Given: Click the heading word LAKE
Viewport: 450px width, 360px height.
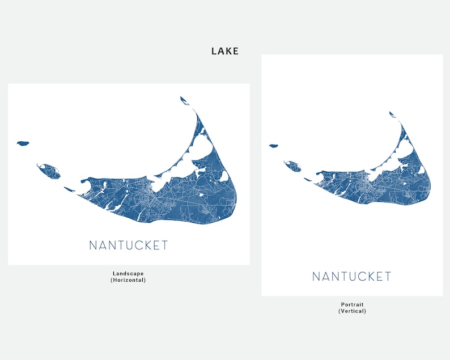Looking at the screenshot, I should pos(225,51).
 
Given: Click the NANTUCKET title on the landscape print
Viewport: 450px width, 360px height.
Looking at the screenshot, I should pos(129,245).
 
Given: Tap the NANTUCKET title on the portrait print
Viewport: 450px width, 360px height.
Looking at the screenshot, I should pos(351,277).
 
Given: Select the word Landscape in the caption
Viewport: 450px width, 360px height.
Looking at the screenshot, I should pos(128,273).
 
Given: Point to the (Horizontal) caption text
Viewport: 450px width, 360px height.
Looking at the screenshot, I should pos(128,280).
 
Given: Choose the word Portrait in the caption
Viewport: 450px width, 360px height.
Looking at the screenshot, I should pos(352,304).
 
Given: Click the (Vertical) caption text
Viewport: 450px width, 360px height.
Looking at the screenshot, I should pos(352,311).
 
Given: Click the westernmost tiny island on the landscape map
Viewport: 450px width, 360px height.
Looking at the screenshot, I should pos(23,143).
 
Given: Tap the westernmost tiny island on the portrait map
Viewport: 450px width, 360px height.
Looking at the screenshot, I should pos(273,146).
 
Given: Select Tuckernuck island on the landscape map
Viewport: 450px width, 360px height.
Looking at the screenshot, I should pos(49,170).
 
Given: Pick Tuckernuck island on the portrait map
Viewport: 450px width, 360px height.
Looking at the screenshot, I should pos(293,166).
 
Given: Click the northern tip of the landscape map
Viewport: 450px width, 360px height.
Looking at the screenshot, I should pos(184,100).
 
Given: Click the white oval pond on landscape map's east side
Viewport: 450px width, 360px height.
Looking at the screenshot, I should pos(224,176).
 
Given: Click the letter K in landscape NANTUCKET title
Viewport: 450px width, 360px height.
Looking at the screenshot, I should pos(143,245).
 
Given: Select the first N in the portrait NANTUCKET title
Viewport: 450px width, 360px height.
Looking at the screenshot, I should pos(316,277).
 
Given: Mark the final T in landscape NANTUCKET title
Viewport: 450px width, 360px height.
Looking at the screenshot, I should pos(164,245).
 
